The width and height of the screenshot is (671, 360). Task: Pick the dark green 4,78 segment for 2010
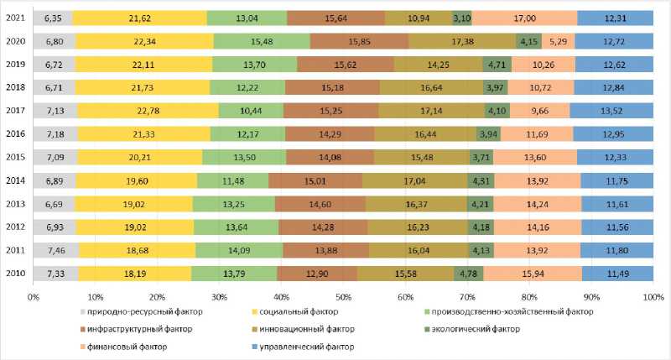point(468,273)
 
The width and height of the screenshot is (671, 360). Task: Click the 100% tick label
point(653,296)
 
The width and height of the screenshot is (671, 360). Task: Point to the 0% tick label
point(34,296)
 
